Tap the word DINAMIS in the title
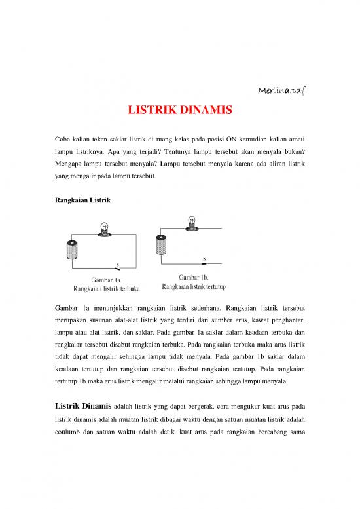coord(206,111)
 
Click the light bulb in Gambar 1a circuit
coord(103,229)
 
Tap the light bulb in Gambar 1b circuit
coord(192,221)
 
